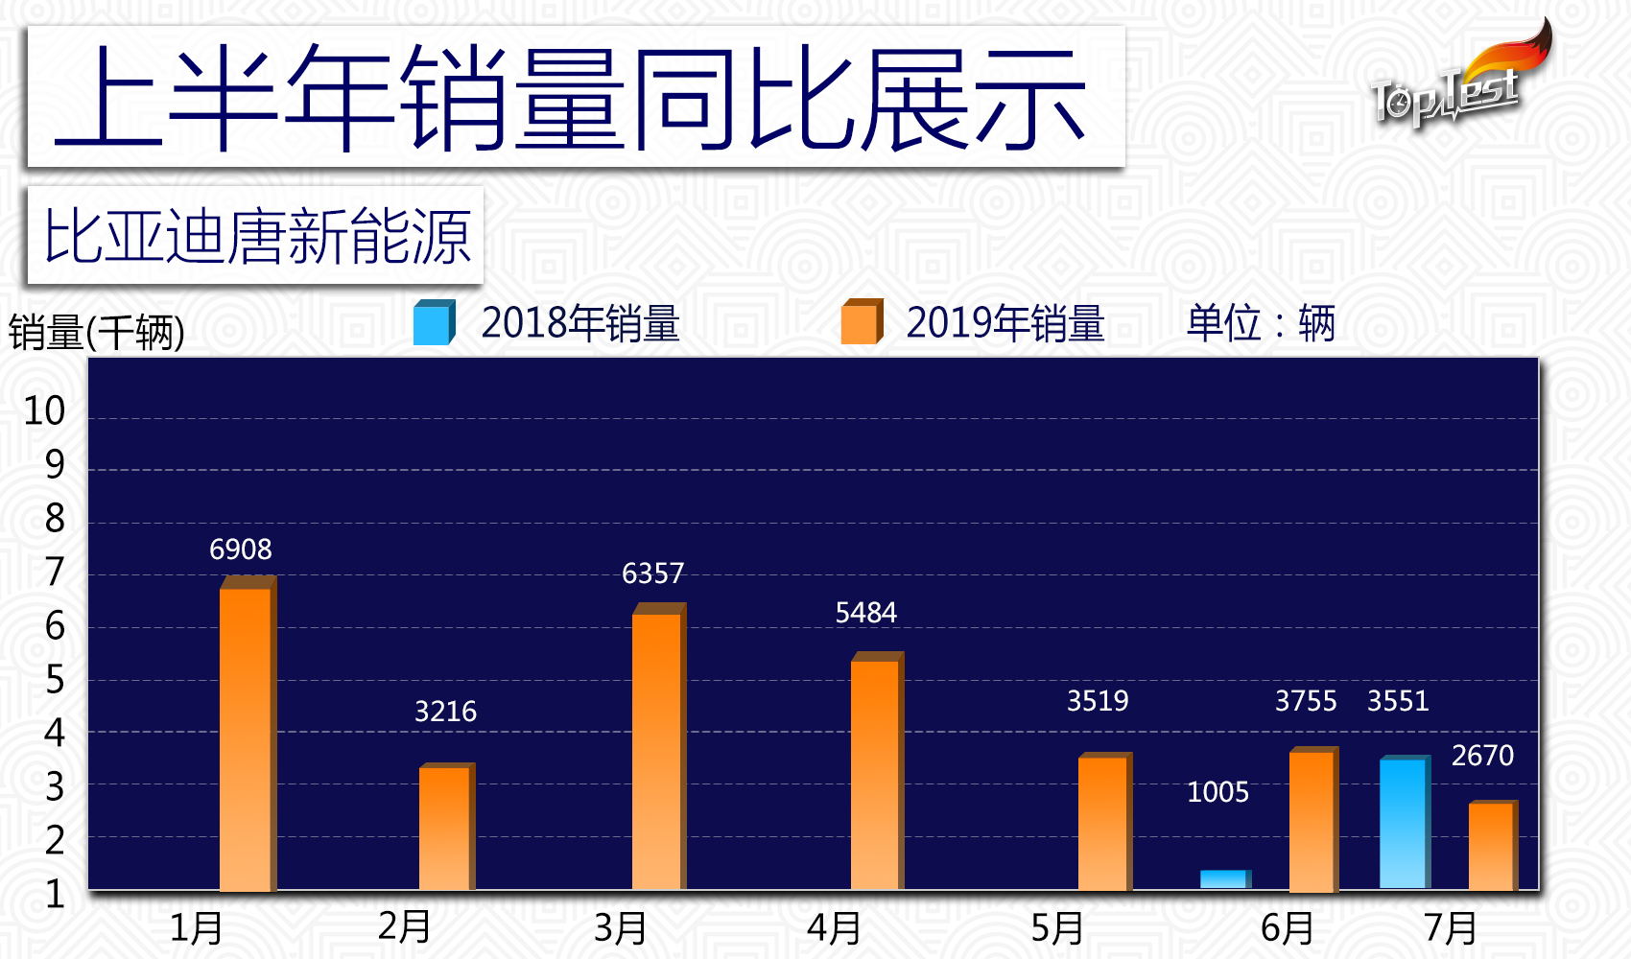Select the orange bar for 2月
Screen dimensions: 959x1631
[445, 828]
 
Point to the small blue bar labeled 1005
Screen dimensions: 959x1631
[1224, 879]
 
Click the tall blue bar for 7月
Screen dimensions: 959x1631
[1404, 823]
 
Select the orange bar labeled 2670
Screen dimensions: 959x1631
[1492, 846]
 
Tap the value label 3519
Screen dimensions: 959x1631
[1098, 701]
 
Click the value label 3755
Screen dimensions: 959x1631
[1305, 701]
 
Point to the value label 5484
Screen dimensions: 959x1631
[865, 613]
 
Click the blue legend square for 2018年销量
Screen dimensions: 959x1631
[433, 323]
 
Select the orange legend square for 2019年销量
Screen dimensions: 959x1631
[861, 323]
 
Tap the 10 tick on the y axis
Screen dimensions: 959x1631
[44, 411]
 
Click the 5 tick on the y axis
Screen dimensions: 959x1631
[55, 681]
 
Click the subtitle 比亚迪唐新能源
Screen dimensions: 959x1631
[256, 237]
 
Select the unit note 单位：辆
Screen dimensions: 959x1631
[1260, 323]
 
